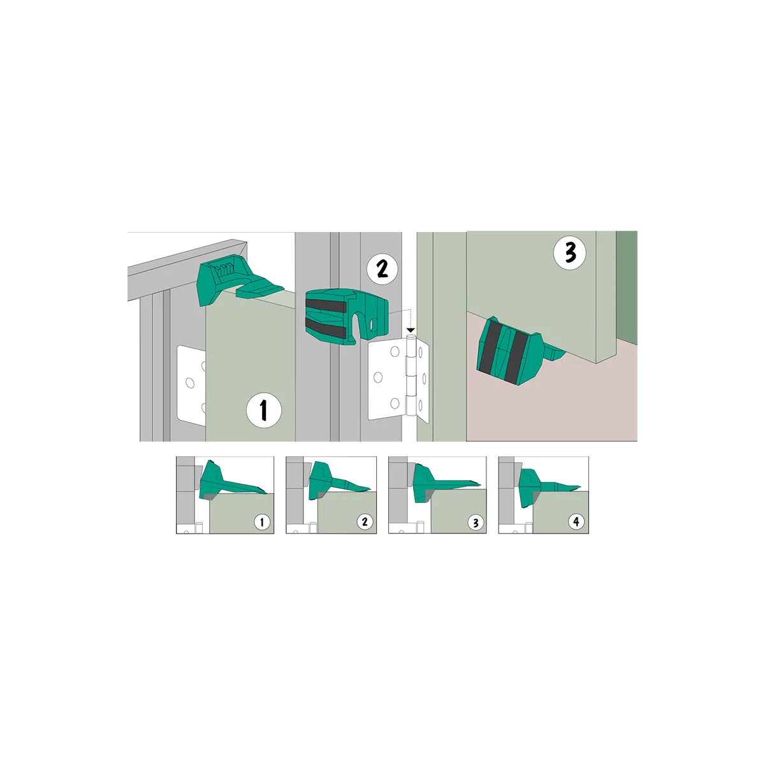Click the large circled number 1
[263, 410]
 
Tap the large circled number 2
[382, 269]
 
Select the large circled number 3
[570, 252]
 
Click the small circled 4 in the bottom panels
[576, 521]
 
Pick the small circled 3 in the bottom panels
[476, 523]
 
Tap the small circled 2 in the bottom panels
[365, 521]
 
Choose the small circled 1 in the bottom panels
[262, 522]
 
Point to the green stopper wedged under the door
[516, 351]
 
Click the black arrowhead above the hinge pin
[411, 330]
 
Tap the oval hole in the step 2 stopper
[373, 324]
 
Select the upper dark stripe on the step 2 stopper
[326, 306]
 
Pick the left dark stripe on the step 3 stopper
[489, 346]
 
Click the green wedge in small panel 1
[230, 481]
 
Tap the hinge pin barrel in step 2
[411, 372]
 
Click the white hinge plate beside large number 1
[191, 385]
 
